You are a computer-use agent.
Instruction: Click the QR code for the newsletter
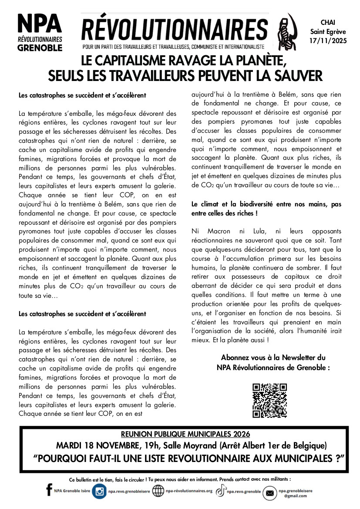(x=270, y=400)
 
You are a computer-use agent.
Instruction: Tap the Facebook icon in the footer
(x=49, y=490)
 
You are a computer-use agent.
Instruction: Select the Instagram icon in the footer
(x=99, y=491)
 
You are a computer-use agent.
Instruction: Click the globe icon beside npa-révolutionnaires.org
(x=158, y=491)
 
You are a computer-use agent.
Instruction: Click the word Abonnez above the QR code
(x=238, y=357)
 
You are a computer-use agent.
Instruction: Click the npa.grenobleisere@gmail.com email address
(x=296, y=493)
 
